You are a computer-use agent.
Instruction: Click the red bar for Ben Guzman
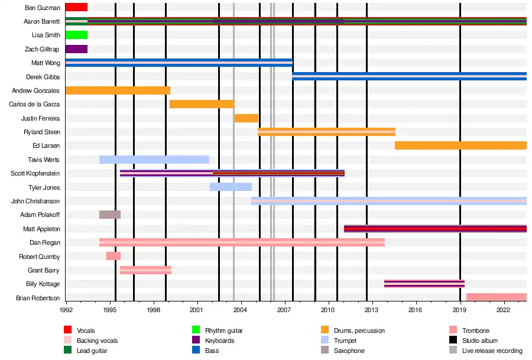[x=76, y=7]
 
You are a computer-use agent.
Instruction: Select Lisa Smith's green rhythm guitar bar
[x=76, y=35]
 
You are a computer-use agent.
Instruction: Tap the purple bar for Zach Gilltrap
[x=76, y=49]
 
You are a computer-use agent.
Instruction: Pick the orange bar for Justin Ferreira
[x=246, y=118]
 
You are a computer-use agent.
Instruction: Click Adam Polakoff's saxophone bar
[x=110, y=215]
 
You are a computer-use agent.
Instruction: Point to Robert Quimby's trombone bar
[x=113, y=256]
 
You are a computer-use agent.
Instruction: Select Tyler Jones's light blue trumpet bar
[x=231, y=187]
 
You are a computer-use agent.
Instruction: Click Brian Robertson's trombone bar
[x=496, y=297]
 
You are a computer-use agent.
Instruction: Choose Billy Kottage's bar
[x=424, y=284]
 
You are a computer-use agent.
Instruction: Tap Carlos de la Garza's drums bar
[x=202, y=104]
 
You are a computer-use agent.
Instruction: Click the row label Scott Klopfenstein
[x=35, y=174]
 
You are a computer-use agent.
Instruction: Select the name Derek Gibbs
[x=43, y=77]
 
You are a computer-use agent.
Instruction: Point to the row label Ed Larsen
[x=46, y=146]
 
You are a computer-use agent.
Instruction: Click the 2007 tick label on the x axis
[x=284, y=309]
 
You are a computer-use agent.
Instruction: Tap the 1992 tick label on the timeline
[x=66, y=309]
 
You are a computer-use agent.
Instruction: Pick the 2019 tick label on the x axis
[x=460, y=309]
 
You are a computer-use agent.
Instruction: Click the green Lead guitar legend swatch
[x=68, y=351]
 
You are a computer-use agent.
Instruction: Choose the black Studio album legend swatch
[x=453, y=340]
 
